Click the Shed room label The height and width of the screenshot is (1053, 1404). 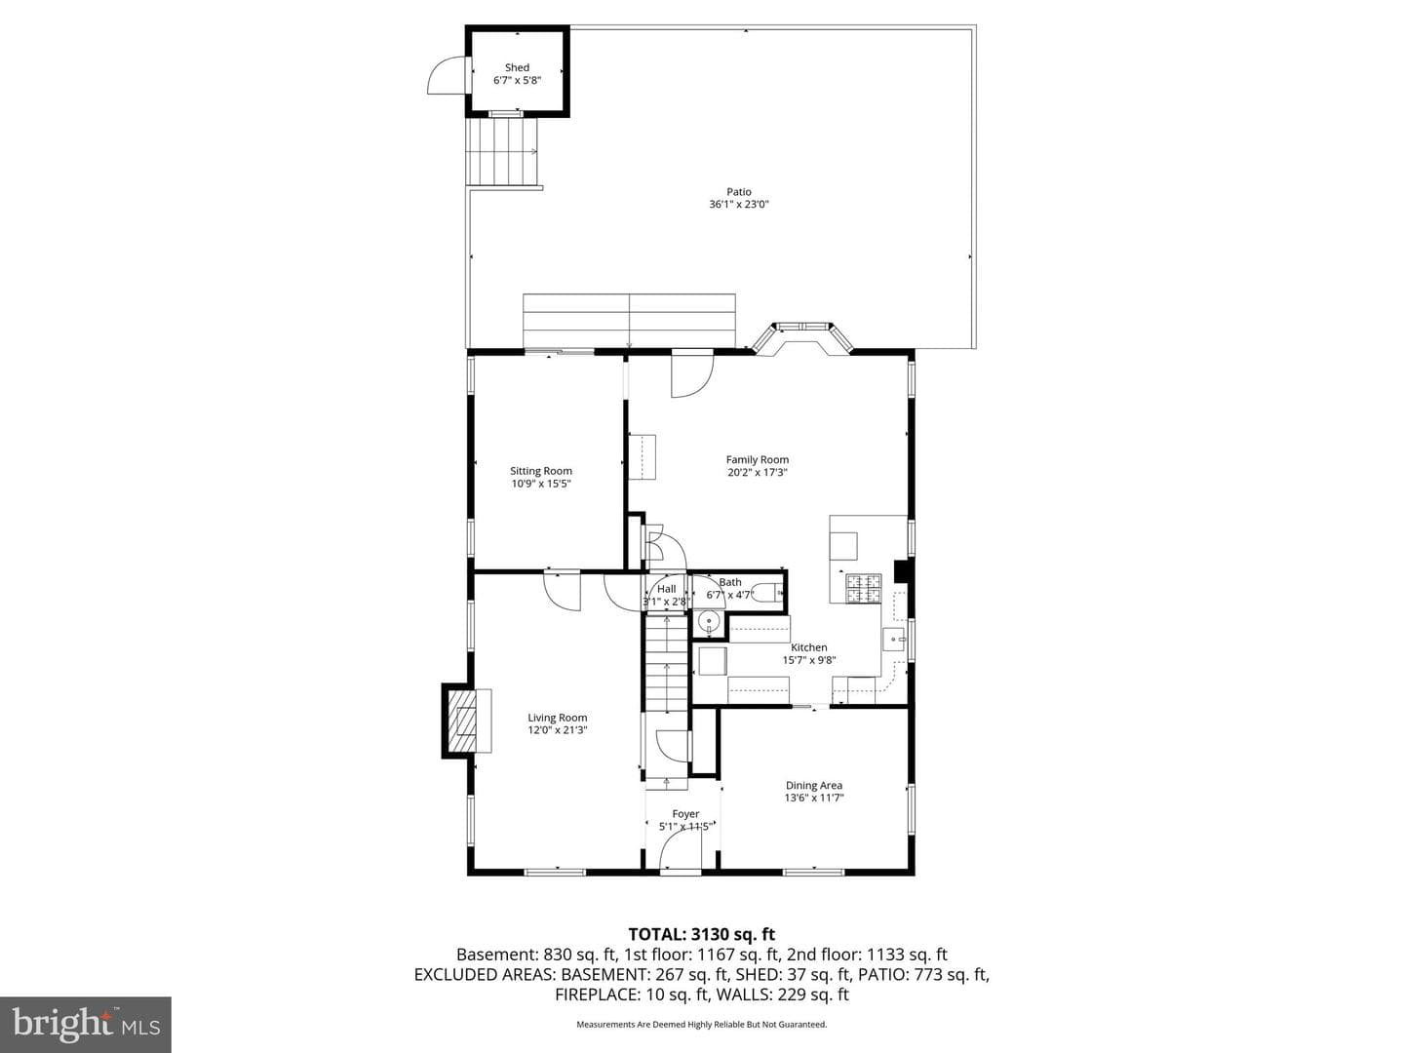[x=517, y=67]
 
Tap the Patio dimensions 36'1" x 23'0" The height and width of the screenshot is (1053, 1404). [x=739, y=205]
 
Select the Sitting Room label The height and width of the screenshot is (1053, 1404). [x=540, y=471]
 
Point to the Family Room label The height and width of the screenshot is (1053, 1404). [x=758, y=459]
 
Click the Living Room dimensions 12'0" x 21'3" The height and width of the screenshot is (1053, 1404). [x=557, y=729]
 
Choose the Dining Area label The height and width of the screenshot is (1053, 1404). [x=813, y=785]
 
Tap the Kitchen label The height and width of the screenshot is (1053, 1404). [x=809, y=647]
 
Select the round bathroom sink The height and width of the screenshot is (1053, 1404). [x=709, y=621]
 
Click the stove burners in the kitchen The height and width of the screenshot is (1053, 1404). [x=864, y=588]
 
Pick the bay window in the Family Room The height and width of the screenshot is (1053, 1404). [x=802, y=338]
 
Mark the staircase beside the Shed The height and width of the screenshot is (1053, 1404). [x=502, y=152]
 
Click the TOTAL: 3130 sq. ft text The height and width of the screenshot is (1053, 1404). [x=702, y=935]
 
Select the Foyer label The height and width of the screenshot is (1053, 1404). [x=685, y=814]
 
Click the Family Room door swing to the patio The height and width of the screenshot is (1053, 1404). [x=692, y=376]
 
